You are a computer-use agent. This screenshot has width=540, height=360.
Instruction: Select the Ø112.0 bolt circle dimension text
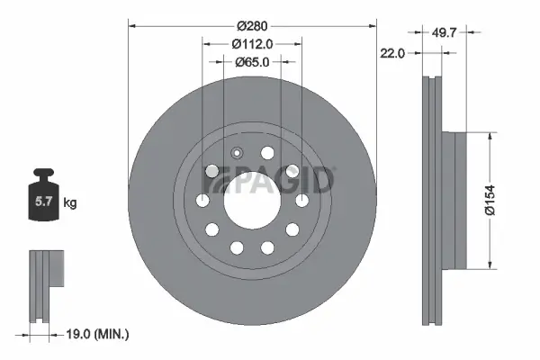tap(252, 44)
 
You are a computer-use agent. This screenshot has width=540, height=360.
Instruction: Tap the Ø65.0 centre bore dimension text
tap(252, 62)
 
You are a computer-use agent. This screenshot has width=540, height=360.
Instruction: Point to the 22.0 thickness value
tap(392, 52)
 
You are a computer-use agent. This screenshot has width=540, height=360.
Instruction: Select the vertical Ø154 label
tap(508, 200)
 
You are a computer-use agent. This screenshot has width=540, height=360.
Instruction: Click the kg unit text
tap(69, 203)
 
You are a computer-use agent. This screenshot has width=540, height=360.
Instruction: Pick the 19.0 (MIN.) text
tap(99, 335)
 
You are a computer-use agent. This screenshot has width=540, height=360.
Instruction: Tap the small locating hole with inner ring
tap(238, 153)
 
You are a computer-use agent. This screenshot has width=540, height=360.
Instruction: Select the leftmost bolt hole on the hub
tap(204, 202)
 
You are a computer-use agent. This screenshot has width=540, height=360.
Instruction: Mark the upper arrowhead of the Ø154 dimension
tap(490, 136)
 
